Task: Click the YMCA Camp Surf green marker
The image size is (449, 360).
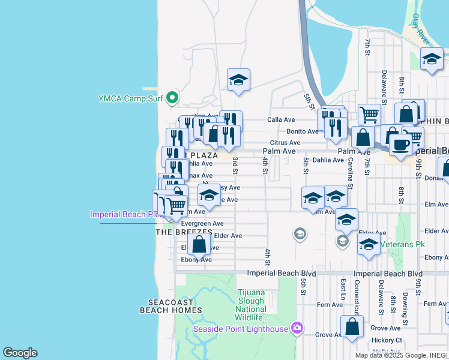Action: pyautogui.click(x=172, y=97)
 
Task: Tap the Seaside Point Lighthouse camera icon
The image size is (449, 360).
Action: pyautogui.click(x=296, y=328)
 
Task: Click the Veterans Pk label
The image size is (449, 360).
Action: pyautogui.click(x=406, y=244)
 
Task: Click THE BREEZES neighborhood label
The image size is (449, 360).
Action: pyautogui.click(x=184, y=232)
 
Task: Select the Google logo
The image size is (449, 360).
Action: pyautogui.click(x=20, y=353)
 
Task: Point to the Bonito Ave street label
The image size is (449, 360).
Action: pyautogui.click(x=302, y=131)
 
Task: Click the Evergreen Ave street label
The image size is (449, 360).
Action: pyautogui.click(x=202, y=223)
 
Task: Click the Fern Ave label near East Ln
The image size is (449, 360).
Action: pyautogui.click(x=330, y=305)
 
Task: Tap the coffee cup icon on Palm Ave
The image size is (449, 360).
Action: pyautogui.click(x=400, y=144)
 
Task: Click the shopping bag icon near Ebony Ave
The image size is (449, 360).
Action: pyautogui.click(x=199, y=244)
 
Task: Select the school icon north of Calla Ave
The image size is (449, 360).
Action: pyautogui.click(x=238, y=80)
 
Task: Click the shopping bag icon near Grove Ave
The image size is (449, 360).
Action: pyautogui.click(x=352, y=327)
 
